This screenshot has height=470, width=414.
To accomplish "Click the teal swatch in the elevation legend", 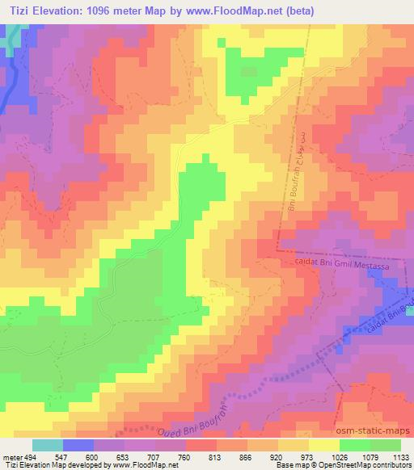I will click(x=47, y=445).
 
